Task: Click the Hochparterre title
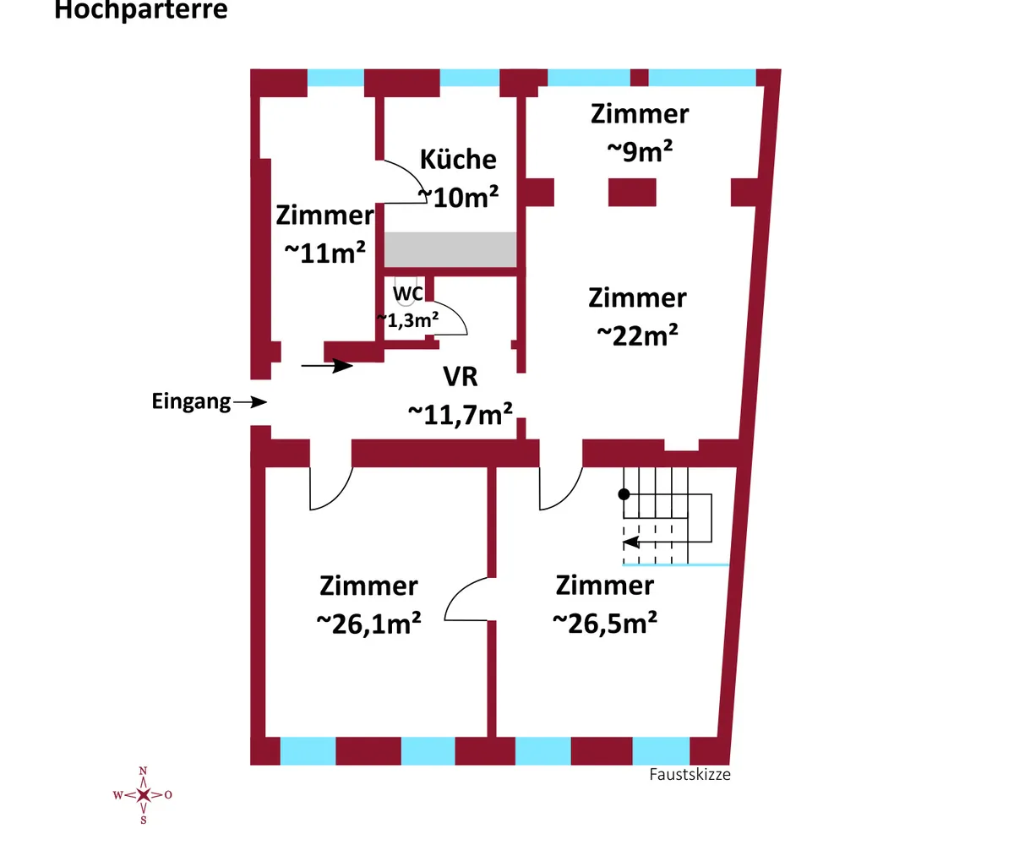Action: [141, 9]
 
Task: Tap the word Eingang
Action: [191, 402]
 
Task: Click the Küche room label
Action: [458, 159]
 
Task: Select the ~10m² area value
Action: [458, 197]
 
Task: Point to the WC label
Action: [407, 294]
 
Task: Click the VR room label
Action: [461, 376]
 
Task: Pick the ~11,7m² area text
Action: [461, 414]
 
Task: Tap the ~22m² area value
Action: [637, 335]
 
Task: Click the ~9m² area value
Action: [640, 151]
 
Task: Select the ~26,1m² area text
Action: [368, 623]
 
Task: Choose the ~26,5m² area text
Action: [605, 623]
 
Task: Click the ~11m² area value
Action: [324, 253]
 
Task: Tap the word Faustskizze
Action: [690, 774]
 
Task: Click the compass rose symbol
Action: [144, 795]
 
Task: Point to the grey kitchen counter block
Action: [450, 249]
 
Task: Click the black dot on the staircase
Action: [624, 494]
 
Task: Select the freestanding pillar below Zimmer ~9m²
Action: [632, 193]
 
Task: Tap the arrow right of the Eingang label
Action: [250, 401]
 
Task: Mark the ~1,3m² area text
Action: [408, 320]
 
